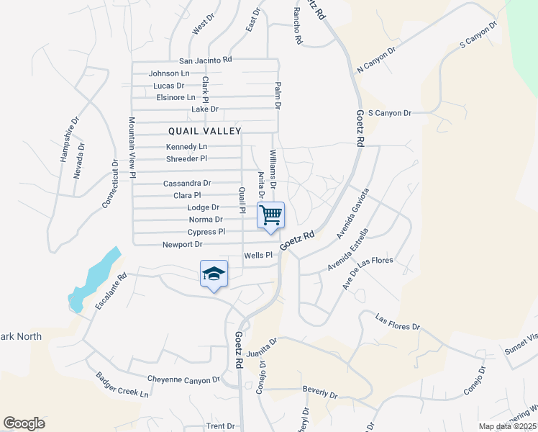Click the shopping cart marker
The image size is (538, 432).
click(x=271, y=215)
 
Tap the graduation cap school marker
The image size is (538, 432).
click(x=214, y=274)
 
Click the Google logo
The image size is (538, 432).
click(x=24, y=423)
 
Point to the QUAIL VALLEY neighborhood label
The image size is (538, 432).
click(x=205, y=131)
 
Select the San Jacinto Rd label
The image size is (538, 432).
click(x=206, y=60)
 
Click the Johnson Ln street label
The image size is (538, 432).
click(x=169, y=73)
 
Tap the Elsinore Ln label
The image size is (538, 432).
click(x=175, y=97)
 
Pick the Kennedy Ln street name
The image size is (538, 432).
click(x=176, y=147)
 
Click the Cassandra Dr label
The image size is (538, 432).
click(x=187, y=184)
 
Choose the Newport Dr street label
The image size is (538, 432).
click(x=162, y=245)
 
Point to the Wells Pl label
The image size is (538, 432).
click(x=259, y=255)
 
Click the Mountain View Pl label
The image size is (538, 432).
click(x=132, y=143)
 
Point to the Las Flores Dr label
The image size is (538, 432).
click(x=398, y=322)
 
